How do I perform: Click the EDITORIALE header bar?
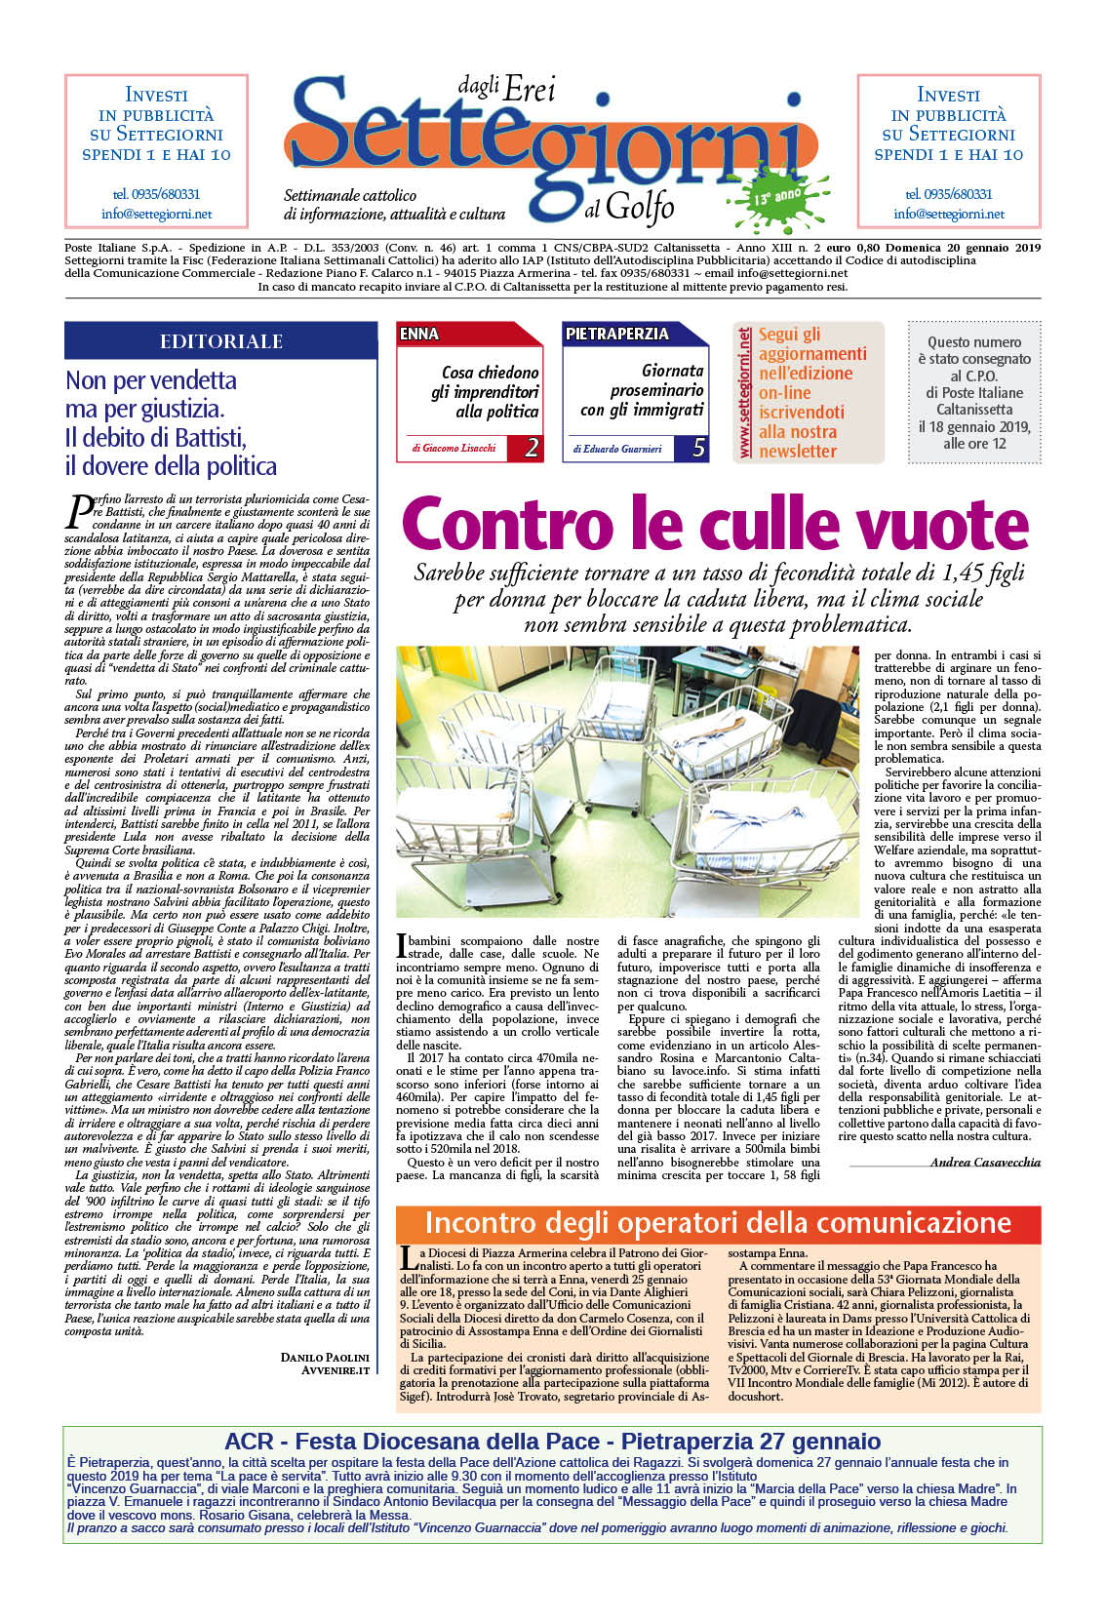[x=220, y=340]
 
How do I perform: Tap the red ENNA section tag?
[x=419, y=334]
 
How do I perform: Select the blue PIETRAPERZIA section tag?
[x=616, y=334]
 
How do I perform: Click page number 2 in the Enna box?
[x=532, y=448]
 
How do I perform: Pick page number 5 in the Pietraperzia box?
[x=698, y=448]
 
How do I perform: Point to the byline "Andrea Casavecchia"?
[x=985, y=1162]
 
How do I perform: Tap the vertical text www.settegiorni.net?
[x=745, y=392]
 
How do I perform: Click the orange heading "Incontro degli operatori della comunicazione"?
[x=718, y=1223]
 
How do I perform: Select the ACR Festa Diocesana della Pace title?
[x=552, y=1441]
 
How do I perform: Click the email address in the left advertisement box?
[x=156, y=214]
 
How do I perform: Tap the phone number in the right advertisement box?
[x=948, y=194]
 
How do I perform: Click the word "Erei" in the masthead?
[x=530, y=90]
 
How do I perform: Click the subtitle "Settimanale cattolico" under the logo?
[x=350, y=195]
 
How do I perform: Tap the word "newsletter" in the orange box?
[x=797, y=451]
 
